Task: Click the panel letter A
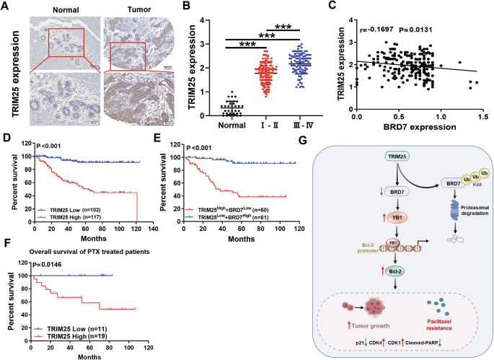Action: [6, 7]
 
